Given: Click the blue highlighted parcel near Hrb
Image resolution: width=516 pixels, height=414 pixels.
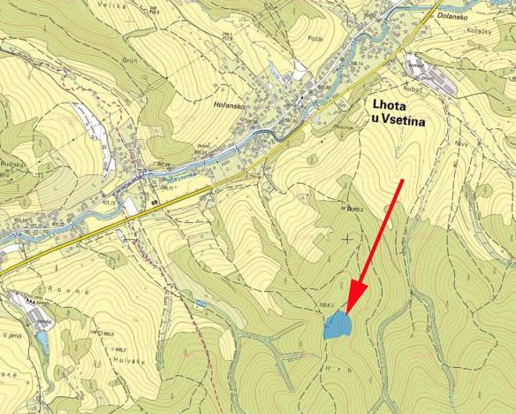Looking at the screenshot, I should tap(337, 326).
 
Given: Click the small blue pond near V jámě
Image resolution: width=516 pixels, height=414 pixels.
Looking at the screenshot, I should tap(42, 340).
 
